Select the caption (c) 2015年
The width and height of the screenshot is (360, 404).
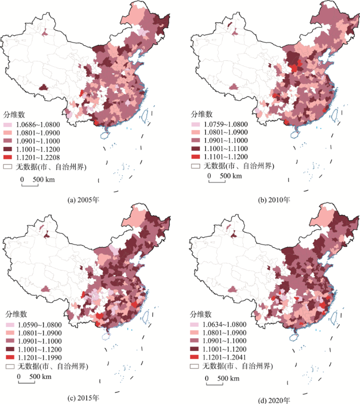[x=84, y=396]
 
